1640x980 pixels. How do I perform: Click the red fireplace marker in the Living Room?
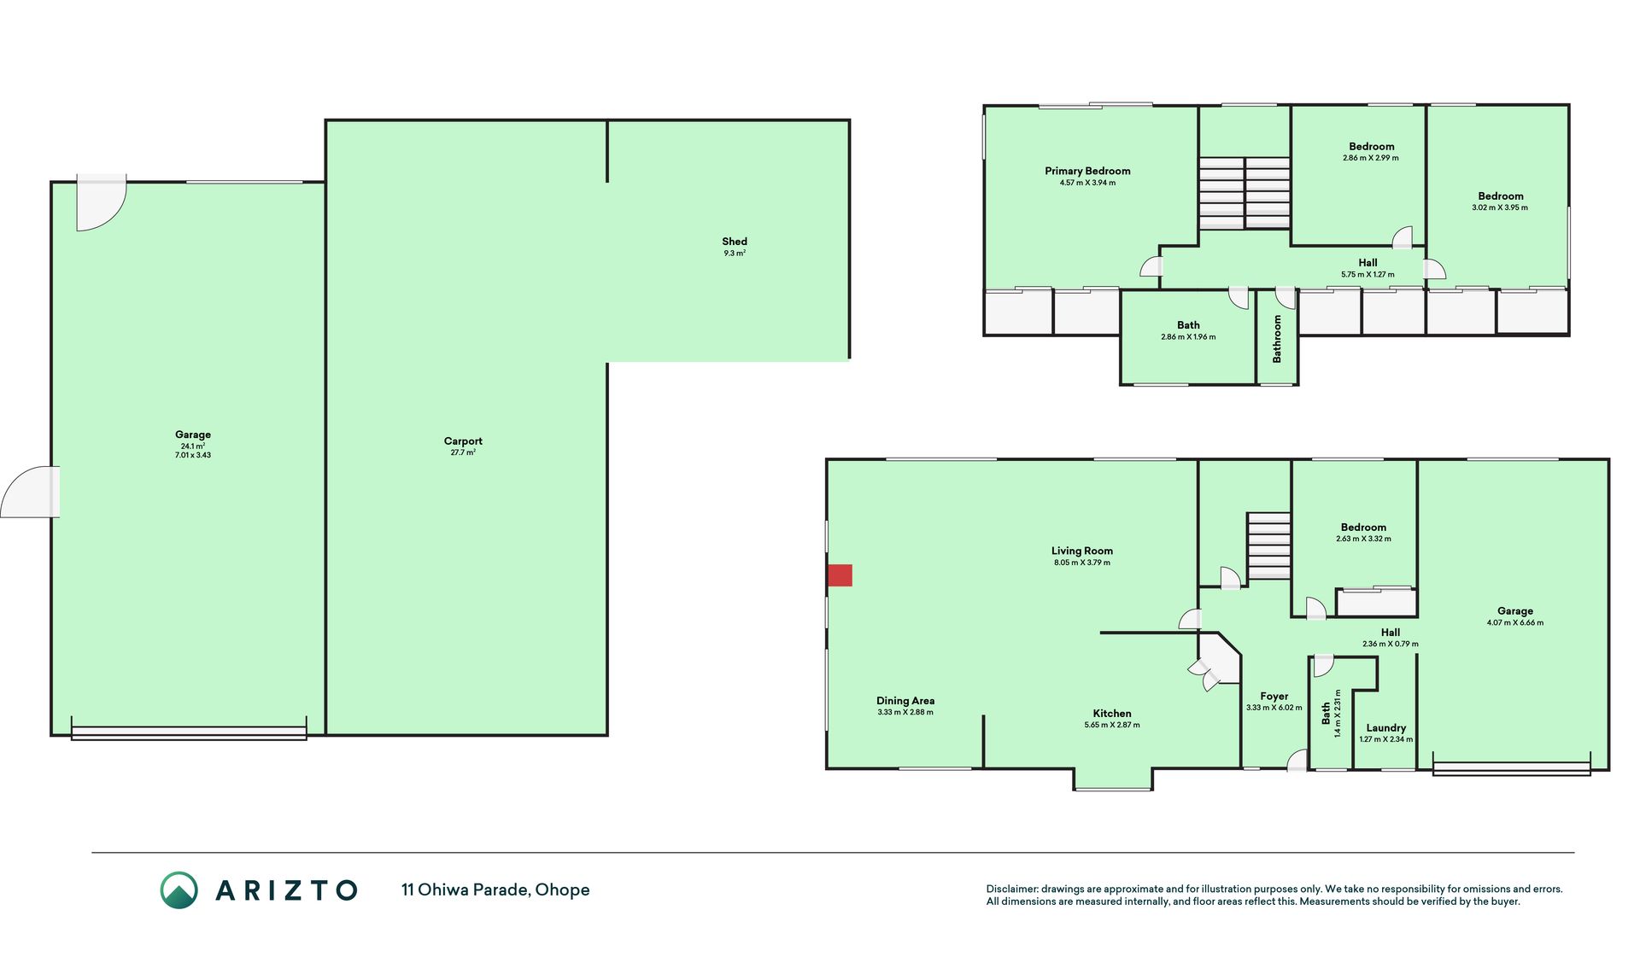pos(840,575)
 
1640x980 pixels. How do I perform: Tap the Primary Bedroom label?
pos(1087,171)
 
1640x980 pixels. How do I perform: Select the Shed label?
pos(735,242)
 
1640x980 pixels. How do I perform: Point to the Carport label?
pos(463,441)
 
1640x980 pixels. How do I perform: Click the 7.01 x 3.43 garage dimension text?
pos(193,455)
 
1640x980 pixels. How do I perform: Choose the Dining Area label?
pos(905,701)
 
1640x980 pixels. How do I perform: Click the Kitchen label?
pos(1112,714)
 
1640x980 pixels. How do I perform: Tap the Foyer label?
pos(1274,697)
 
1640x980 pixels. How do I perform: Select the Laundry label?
pos(1385,728)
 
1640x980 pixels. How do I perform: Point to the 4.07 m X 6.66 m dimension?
pos(1515,622)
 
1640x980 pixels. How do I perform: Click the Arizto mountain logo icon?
pos(179,890)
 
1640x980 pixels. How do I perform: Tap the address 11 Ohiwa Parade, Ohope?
pos(495,890)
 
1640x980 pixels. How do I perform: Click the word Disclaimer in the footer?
pos(1012,889)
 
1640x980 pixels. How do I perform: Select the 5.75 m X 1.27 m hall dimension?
pos(1368,274)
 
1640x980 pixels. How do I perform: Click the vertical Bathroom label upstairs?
pos(1277,339)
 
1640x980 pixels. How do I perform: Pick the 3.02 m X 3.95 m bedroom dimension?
pos(1500,207)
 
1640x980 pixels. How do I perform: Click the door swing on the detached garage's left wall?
pos(30,492)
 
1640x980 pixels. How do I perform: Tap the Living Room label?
pos(1082,551)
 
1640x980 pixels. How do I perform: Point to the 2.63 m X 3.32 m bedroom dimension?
pos(1363,539)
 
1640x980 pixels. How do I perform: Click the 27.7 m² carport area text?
pos(463,452)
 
